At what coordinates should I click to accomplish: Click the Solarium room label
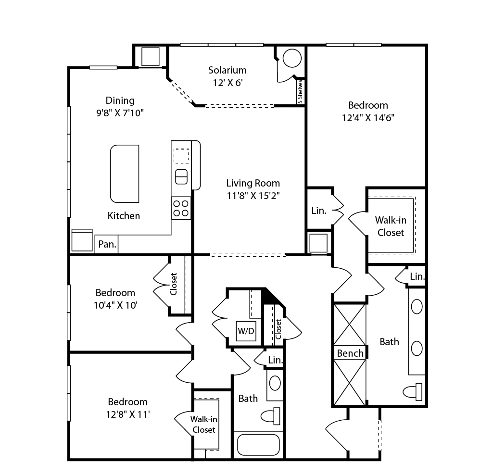[x=228, y=70]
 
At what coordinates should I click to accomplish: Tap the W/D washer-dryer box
[x=246, y=331]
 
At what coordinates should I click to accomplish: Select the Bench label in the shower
[x=350, y=353]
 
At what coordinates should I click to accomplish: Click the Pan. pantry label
[x=107, y=244]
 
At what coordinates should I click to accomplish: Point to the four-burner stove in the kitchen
[x=181, y=208]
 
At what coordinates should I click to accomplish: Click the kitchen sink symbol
[x=181, y=176]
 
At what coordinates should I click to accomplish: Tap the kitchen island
[x=125, y=174]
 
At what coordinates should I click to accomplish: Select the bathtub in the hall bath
[x=259, y=444]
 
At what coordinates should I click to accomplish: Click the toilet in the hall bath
[x=270, y=416]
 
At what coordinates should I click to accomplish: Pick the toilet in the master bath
[x=413, y=392]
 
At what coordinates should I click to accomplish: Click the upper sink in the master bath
[x=417, y=307]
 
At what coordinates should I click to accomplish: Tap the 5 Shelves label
[x=300, y=91]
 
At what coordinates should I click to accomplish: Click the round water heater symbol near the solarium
[x=292, y=58]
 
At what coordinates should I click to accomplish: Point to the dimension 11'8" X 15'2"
[x=253, y=195]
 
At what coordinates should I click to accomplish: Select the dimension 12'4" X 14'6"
[x=368, y=118]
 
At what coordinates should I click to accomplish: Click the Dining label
[x=120, y=100]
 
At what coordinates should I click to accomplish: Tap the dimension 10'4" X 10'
[x=115, y=305]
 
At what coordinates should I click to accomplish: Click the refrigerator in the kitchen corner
[x=82, y=240]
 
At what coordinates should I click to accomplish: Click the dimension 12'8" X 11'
[x=128, y=414]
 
